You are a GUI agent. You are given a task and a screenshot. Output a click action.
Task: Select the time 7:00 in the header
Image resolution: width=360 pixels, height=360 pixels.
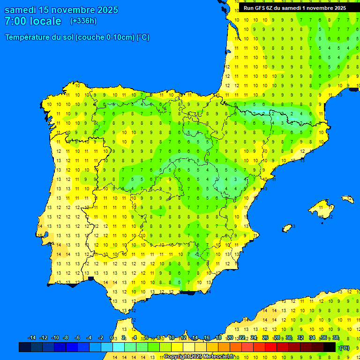(x=15, y=21)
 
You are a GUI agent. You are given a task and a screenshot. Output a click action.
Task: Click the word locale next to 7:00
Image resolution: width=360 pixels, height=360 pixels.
(x=45, y=21)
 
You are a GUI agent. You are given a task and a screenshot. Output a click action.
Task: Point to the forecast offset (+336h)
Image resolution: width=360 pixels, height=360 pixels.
(x=83, y=21)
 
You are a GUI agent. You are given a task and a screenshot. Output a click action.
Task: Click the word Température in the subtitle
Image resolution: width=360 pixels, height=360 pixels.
(x=27, y=37)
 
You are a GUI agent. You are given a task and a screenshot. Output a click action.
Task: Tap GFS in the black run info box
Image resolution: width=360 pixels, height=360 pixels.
(x=260, y=8)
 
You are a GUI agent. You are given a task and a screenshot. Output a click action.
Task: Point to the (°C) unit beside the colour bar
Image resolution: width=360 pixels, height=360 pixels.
(x=344, y=347)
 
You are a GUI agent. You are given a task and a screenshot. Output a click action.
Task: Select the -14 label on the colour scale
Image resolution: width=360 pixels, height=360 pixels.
(x=32, y=338)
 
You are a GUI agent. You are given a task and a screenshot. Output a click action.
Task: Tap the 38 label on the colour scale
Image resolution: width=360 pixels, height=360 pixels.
(x=336, y=338)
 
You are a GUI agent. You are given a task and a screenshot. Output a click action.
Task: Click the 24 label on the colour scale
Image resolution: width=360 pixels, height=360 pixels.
(x=254, y=338)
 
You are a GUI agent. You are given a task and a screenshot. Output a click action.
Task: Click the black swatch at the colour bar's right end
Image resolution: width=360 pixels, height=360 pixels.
(x=330, y=347)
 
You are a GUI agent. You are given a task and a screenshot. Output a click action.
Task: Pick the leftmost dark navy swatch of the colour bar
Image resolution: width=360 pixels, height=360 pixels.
(x=25, y=347)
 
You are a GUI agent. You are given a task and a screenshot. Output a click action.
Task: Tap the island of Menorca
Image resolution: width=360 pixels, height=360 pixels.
(x=347, y=199)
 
